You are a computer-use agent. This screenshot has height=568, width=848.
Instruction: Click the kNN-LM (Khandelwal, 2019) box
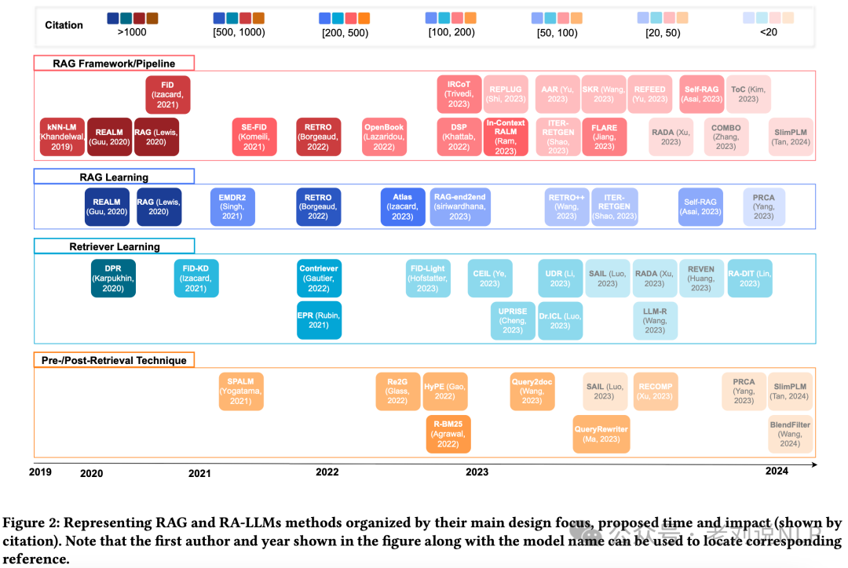tap(61, 136)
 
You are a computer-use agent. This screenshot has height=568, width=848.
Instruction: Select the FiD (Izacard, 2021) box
tap(168, 95)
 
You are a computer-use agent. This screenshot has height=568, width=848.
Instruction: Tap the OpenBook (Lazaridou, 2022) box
tap(384, 136)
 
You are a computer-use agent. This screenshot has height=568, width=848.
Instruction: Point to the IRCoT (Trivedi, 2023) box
tap(459, 95)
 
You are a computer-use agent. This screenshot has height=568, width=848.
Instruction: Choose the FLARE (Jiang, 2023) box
tap(604, 136)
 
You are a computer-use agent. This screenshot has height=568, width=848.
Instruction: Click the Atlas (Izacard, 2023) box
tap(402, 207)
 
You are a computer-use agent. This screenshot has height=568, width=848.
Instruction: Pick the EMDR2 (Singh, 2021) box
tap(232, 207)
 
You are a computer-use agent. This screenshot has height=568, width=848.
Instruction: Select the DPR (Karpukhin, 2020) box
tap(113, 279)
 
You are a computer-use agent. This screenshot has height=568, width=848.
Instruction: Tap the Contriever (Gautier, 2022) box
tap(319, 279)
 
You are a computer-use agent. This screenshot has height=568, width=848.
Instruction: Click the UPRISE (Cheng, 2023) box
tap(513, 320)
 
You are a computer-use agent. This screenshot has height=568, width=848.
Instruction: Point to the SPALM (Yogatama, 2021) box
tap(241, 391)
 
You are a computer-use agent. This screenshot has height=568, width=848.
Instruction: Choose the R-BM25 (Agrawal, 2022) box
tap(448, 434)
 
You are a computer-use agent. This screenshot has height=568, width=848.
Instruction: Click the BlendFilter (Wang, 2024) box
tap(790, 434)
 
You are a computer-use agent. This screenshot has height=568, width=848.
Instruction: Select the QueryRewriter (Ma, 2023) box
tap(601, 434)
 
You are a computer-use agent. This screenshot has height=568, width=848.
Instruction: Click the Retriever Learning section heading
tap(115, 246)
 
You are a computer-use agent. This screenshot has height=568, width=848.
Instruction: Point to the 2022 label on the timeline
tap(327, 472)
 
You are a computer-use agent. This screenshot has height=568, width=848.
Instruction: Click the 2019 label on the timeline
tap(40, 472)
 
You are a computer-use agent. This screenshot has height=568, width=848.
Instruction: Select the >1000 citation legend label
tap(131, 33)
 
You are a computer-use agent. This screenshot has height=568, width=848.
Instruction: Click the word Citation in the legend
tap(64, 25)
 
